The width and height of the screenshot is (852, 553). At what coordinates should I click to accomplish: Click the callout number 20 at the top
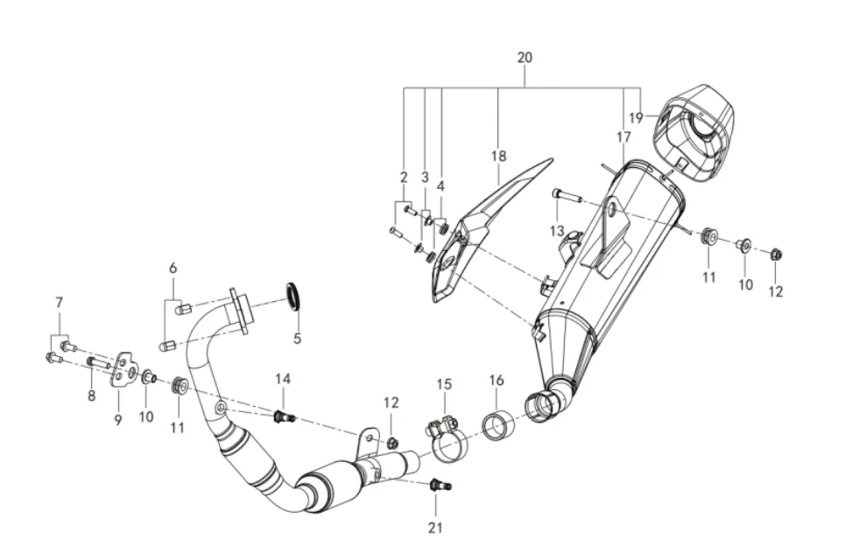click(x=525, y=58)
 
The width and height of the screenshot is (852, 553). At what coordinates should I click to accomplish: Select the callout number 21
click(x=436, y=527)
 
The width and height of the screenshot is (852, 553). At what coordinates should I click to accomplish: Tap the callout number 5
click(x=297, y=339)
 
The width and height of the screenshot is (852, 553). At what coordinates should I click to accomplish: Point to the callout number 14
click(x=282, y=379)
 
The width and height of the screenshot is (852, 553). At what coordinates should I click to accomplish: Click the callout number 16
click(x=496, y=381)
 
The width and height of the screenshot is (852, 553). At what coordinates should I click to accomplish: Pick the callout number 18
click(x=498, y=157)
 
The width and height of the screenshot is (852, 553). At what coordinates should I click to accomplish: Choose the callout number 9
click(x=117, y=420)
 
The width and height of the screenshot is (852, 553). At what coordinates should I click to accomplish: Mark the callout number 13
click(x=557, y=230)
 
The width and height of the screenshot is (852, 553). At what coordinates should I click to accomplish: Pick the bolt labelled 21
click(x=438, y=485)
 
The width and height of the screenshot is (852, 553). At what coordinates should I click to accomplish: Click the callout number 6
click(x=173, y=268)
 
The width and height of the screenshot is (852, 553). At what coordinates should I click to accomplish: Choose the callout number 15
click(x=444, y=384)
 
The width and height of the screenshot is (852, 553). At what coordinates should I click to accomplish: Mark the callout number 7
click(x=59, y=303)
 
